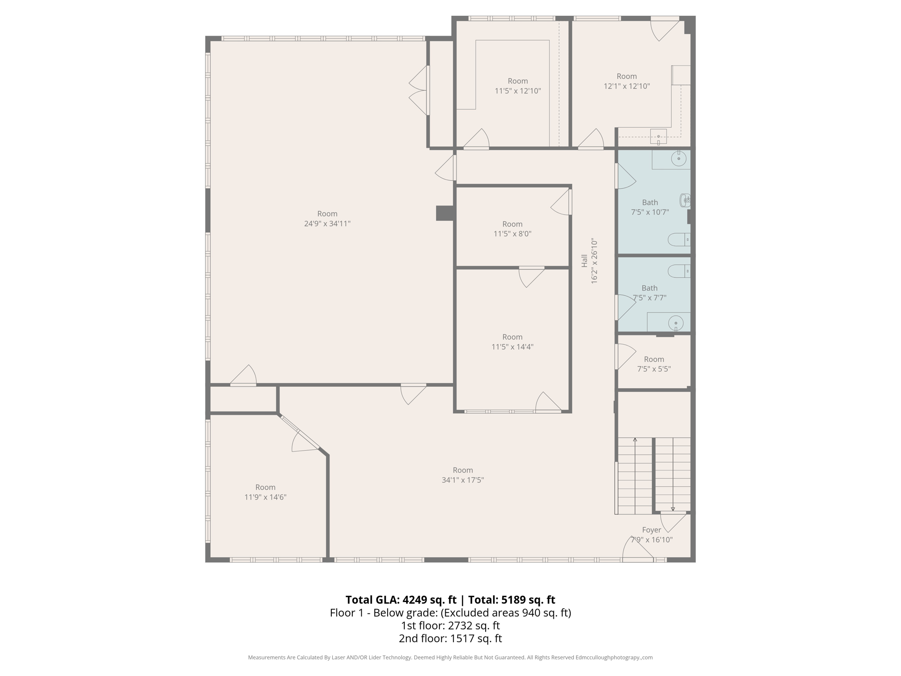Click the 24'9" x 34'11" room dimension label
[327, 224]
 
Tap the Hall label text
[584, 261]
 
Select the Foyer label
[651, 530]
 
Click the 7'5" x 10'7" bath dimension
[650, 212]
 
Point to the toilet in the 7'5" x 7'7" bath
[678, 271]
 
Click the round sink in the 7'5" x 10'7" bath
[679, 159]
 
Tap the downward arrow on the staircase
[673, 509]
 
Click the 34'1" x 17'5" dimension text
[463, 480]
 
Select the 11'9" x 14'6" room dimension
[265, 497]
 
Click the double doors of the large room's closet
[419, 90]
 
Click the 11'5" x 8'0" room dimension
[512, 234]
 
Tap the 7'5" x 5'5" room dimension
[654, 369]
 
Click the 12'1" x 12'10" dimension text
[626, 86]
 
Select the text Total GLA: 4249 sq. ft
[401, 600]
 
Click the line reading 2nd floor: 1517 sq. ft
[450, 638]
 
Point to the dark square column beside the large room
[444, 213]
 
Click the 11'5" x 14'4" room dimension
[512, 347]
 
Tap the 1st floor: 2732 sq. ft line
[450, 625]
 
